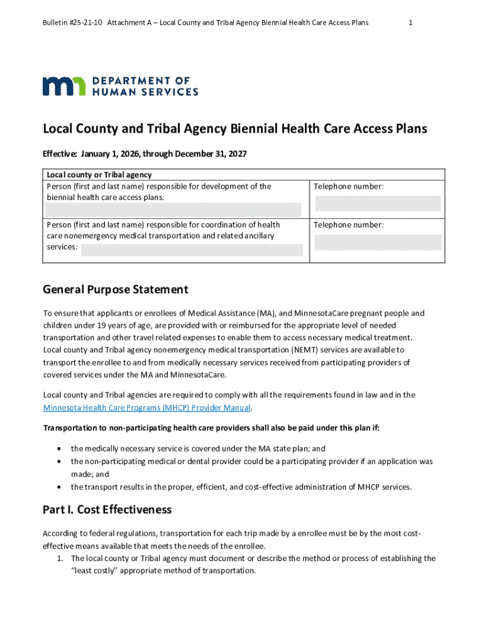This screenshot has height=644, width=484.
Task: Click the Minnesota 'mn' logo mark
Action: [64, 87]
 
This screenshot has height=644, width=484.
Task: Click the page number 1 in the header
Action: [410, 23]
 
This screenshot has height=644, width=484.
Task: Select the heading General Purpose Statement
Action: [115, 290]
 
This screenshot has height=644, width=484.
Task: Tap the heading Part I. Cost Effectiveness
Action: [107, 509]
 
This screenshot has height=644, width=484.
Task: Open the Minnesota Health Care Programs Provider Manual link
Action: [147, 408]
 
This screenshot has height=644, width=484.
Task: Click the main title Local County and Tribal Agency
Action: [234, 129]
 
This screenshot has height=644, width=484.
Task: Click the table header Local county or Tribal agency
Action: [99, 175]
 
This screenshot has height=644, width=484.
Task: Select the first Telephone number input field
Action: [378, 203]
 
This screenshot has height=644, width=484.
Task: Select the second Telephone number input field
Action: [378, 242]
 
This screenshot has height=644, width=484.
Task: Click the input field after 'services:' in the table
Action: [192, 250]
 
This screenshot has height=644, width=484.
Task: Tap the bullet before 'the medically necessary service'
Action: [58, 449]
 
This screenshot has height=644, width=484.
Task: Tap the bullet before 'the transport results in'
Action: [58, 487]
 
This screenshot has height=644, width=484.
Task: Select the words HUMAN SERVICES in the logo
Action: [145, 92]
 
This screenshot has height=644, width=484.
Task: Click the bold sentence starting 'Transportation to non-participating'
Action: [211, 428]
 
